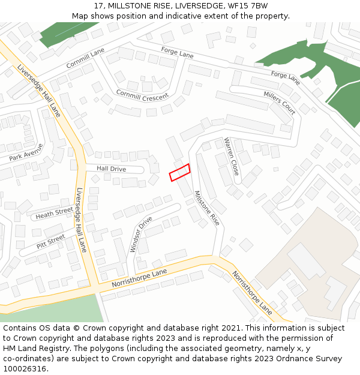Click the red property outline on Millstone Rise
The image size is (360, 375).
(x=179, y=172)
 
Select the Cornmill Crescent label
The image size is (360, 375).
(x=142, y=95)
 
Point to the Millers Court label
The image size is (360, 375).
(x=280, y=103)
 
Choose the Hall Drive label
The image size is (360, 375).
(x=112, y=169)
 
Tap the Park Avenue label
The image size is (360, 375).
(x=26, y=152)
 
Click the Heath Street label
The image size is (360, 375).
(x=54, y=212)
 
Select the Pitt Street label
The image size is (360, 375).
(x=50, y=241)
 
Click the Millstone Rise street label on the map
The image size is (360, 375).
(x=206, y=208)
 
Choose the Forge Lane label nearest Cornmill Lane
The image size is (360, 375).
(x=178, y=52)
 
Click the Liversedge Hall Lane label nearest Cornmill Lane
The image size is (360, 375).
(x=39, y=90)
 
